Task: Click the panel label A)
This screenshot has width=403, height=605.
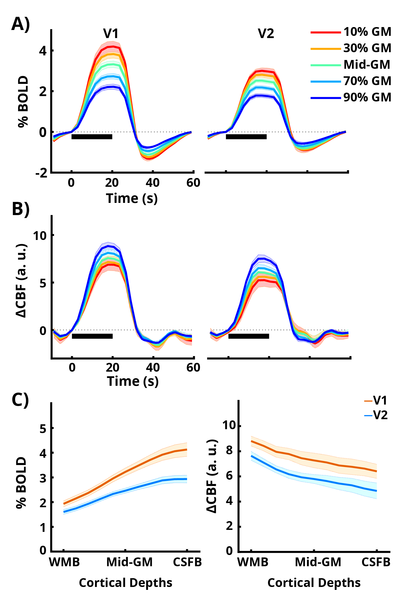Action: tap(20, 24)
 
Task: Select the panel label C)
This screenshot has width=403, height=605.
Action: tap(20, 400)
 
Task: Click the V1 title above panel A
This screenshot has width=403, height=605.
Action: tap(111, 34)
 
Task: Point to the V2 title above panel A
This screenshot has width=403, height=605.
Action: tap(266, 34)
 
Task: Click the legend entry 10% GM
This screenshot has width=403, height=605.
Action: tap(367, 32)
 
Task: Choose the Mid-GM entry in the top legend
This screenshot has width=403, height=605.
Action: tap(367, 65)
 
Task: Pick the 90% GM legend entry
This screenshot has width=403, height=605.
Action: tap(367, 98)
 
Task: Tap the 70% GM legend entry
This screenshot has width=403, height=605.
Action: tap(367, 81)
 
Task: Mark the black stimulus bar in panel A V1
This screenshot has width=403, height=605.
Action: tap(92, 137)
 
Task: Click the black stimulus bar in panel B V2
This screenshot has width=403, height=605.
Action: tap(249, 336)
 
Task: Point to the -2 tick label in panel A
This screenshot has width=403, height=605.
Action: tap(42, 173)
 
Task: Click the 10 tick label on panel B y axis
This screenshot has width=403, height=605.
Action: tap(40, 236)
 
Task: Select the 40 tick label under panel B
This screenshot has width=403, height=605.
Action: tap(153, 367)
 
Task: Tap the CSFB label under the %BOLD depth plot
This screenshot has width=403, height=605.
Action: tap(187, 562)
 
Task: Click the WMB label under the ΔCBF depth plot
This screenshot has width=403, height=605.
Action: tap(253, 562)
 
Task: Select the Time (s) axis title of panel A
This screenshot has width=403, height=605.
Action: tap(132, 198)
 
